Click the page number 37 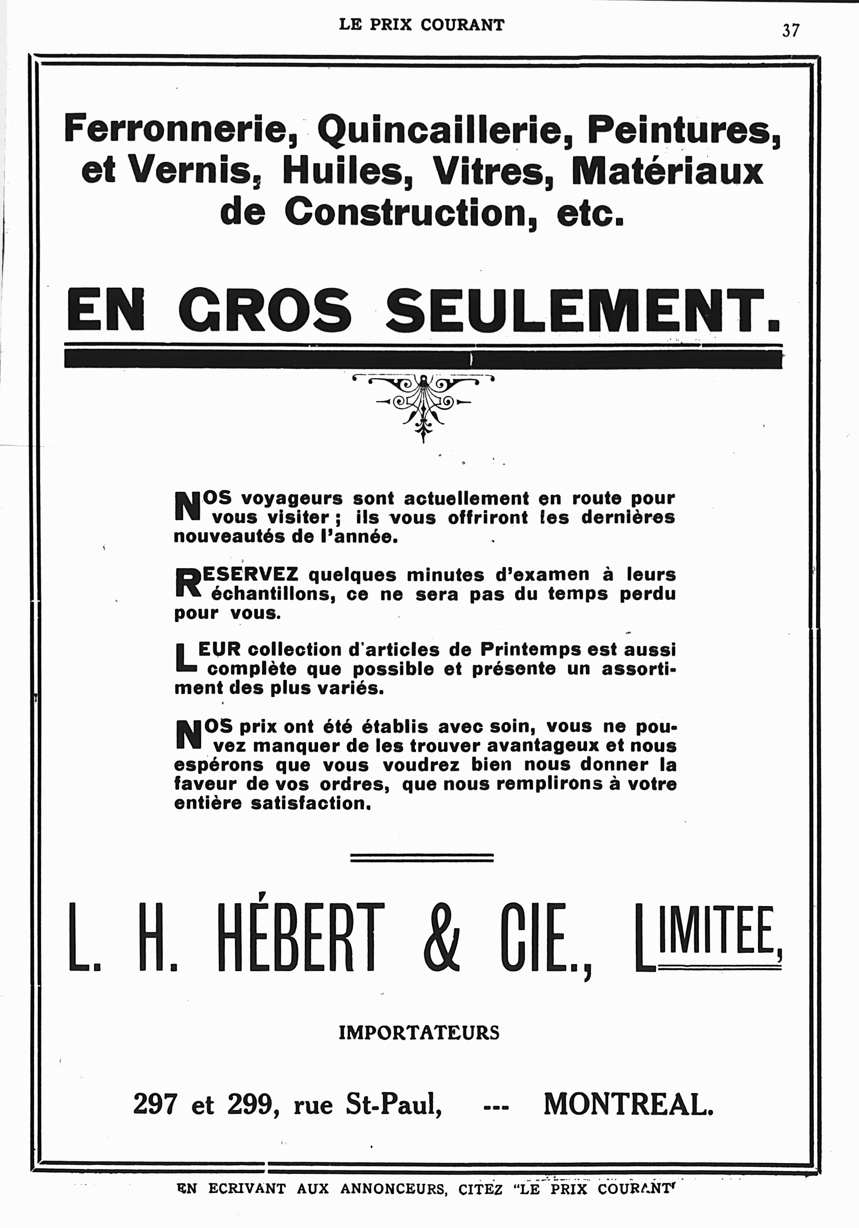[x=791, y=31]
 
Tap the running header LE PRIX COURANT [x=422, y=25]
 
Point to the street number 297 [x=155, y=1104]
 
